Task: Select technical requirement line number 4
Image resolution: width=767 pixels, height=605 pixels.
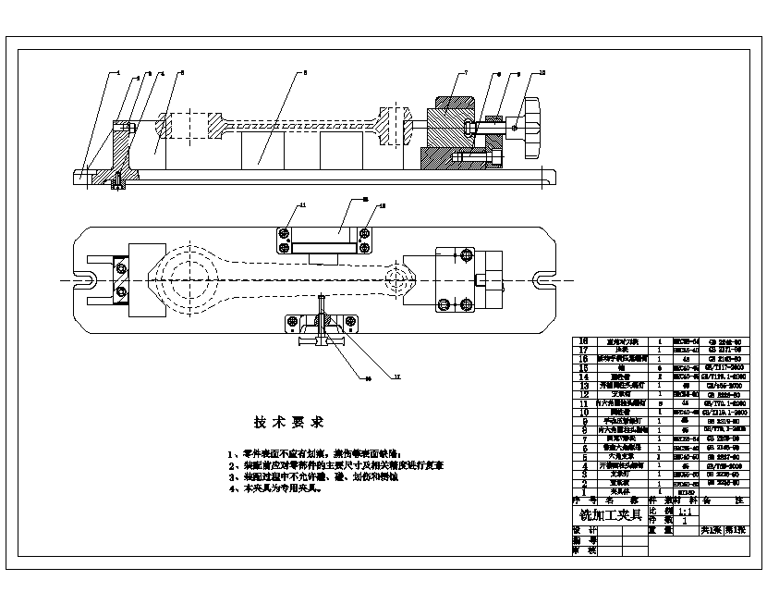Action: pyautogui.click(x=277, y=488)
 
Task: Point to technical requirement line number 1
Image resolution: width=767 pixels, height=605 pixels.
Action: pyautogui.click(x=314, y=454)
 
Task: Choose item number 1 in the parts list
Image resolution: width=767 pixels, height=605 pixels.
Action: pyautogui.click(x=583, y=490)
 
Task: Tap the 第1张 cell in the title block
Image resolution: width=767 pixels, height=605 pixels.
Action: pyautogui.click(x=736, y=531)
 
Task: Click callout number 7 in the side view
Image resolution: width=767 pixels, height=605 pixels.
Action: pyautogui.click(x=466, y=72)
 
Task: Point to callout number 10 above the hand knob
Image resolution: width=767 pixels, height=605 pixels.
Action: pyautogui.click(x=542, y=72)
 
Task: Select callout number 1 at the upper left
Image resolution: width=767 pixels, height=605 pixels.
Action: pyautogui.click(x=118, y=72)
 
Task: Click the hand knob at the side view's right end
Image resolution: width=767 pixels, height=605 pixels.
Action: pyautogui.click(x=531, y=128)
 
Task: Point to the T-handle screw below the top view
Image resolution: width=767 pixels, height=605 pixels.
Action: pyautogui.click(x=321, y=340)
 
